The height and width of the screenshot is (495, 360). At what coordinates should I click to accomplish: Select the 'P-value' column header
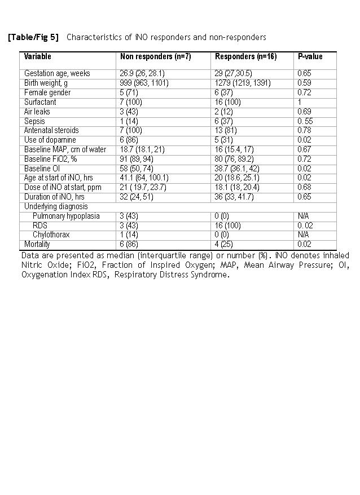click(310, 56)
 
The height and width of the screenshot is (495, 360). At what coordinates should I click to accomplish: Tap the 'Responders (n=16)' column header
click(245, 56)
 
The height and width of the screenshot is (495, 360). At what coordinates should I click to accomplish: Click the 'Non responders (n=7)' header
click(155, 56)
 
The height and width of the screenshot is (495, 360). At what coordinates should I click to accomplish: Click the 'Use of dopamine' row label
click(50, 140)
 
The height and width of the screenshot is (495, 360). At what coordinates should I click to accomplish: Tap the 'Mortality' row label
click(38, 244)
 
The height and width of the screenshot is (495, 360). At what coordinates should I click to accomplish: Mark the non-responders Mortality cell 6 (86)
click(130, 244)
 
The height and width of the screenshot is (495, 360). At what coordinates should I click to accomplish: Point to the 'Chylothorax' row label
click(51, 235)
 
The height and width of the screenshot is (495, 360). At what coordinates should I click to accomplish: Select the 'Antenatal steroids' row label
click(51, 130)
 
